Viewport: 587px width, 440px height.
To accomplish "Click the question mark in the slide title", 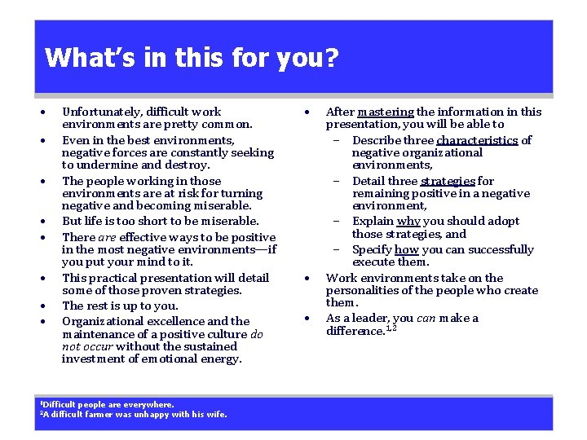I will [x=331, y=58].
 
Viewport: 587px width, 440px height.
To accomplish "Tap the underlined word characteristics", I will [x=477, y=140].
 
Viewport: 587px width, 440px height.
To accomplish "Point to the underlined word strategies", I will [x=448, y=181].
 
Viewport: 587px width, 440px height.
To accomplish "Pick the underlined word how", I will [x=408, y=249].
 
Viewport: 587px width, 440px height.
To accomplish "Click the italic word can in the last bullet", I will [x=426, y=318].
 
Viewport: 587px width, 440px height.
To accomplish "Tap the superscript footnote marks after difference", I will [x=391, y=328].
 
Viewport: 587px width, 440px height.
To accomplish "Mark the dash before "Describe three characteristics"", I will [x=335, y=140].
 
